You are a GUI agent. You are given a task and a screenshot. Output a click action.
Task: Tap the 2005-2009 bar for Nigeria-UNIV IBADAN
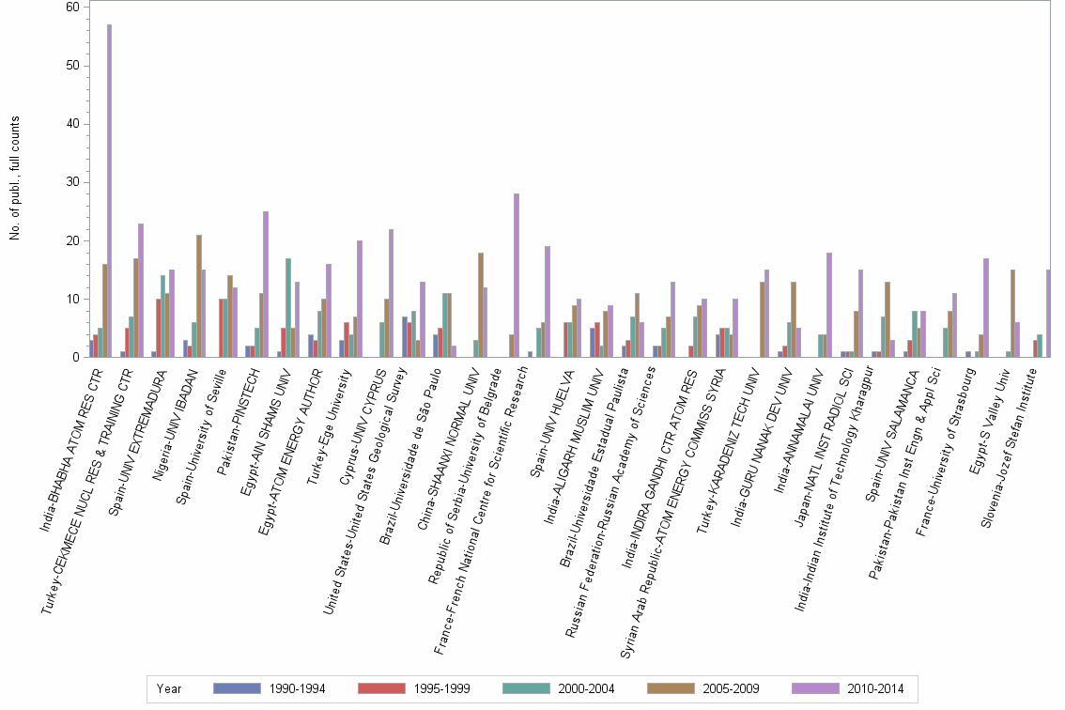(199, 296)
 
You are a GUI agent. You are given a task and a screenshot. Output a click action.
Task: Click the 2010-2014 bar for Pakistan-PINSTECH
(266, 284)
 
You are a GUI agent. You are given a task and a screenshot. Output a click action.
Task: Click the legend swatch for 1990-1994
(237, 688)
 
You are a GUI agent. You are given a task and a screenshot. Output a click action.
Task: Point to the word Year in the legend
(170, 688)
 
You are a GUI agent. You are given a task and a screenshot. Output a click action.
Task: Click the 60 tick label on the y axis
(71, 7)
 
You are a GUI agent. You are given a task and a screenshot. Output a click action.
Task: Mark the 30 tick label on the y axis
(71, 182)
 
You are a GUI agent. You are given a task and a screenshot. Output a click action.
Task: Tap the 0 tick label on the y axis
(75, 357)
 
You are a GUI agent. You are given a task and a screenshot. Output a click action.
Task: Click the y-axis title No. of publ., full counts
(15, 178)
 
